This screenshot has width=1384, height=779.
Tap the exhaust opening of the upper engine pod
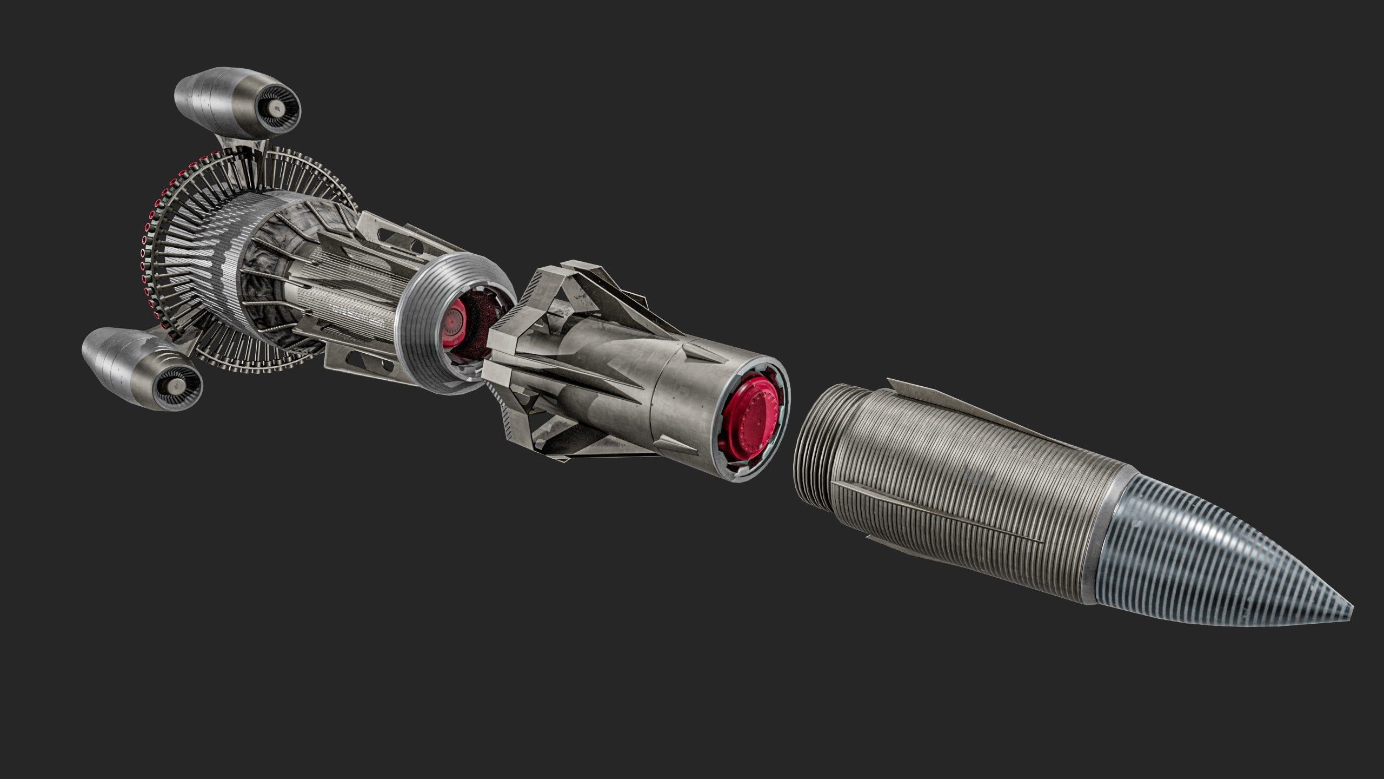pyautogui.click(x=278, y=109)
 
